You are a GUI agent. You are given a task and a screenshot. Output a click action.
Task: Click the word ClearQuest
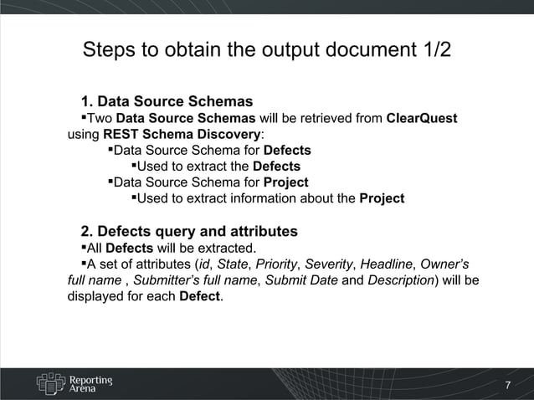(421, 118)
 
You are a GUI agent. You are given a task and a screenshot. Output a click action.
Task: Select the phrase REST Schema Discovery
(182, 134)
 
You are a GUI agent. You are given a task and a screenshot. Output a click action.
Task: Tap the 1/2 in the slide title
(433, 49)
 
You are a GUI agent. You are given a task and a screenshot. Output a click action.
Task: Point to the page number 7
(506, 386)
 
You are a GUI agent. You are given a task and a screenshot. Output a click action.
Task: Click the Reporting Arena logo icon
(50, 382)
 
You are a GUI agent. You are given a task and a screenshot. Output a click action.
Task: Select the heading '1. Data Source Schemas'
(167, 102)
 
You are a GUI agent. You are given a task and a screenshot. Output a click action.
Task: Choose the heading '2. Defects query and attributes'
(188, 231)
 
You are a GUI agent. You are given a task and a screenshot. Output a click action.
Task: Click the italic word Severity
(329, 264)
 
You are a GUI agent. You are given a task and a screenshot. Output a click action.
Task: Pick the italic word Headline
(386, 264)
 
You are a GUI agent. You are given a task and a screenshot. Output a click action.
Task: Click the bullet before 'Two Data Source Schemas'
(84, 118)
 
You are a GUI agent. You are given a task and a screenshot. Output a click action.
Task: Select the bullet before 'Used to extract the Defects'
(132, 167)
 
